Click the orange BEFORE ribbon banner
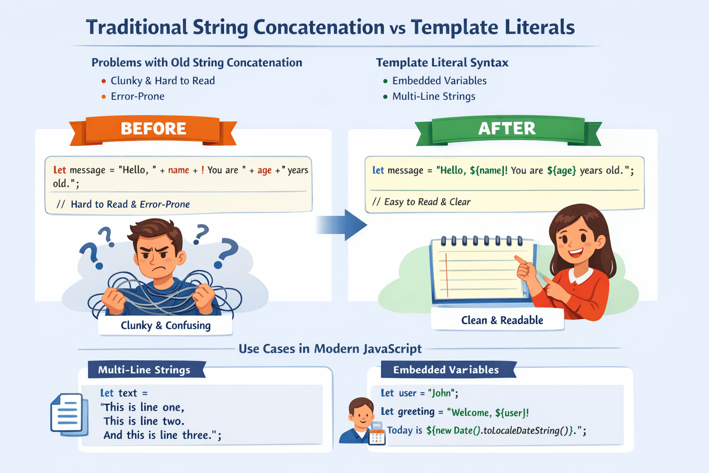coord(153,129)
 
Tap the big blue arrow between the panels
coord(344,225)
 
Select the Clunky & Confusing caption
coord(165,326)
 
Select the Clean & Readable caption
coord(502,320)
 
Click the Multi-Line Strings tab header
coord(144,370)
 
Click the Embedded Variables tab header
coord(446,370)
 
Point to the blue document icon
coord(68,414)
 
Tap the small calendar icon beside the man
coord(377,436)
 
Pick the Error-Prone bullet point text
coord(138,97)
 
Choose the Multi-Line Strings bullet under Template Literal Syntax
coord(433,97)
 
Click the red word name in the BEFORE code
coord(179,170)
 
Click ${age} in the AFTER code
coord(561,170)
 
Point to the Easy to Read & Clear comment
coord(427,202)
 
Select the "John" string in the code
coord(441,393)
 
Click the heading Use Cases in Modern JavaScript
coord(330,349)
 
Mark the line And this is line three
coord(162,435)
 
